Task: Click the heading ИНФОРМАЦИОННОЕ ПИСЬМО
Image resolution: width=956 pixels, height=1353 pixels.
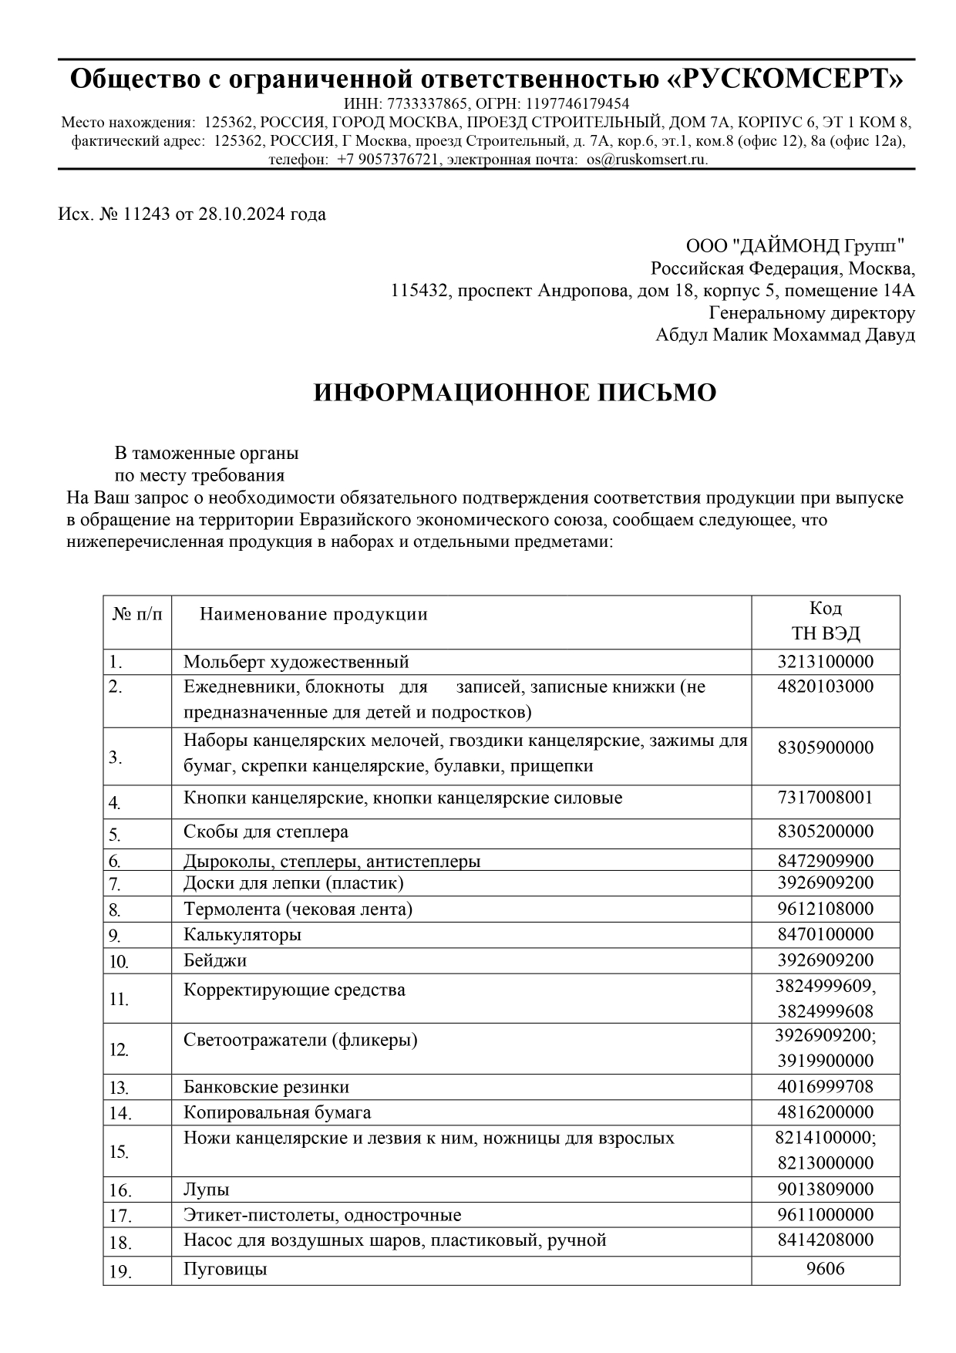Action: [514, 393]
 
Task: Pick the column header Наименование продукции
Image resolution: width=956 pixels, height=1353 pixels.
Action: [313, 615]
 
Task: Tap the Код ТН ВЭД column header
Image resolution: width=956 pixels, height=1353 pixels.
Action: [825, 622]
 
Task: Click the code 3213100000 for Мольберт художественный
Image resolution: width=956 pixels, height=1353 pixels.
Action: [825, 661]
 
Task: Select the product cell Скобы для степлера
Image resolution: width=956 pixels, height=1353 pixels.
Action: [266, 832]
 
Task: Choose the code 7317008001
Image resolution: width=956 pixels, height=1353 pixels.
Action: [825, 797]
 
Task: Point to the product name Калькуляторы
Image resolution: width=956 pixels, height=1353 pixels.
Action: [242, 935]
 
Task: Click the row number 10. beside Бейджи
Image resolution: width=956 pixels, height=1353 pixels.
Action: [119, 962]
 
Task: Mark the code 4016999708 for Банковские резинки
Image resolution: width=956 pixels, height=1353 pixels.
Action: [825, 1087]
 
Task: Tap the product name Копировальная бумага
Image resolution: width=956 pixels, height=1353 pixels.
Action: [277, 1112]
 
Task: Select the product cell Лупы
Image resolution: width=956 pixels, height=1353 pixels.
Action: [207, 1189]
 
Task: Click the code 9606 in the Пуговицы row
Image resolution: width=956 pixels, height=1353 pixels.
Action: [825, 1268]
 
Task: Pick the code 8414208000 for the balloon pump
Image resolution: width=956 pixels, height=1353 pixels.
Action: [825, 1240]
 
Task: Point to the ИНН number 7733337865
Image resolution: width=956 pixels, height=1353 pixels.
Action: [427, 104]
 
